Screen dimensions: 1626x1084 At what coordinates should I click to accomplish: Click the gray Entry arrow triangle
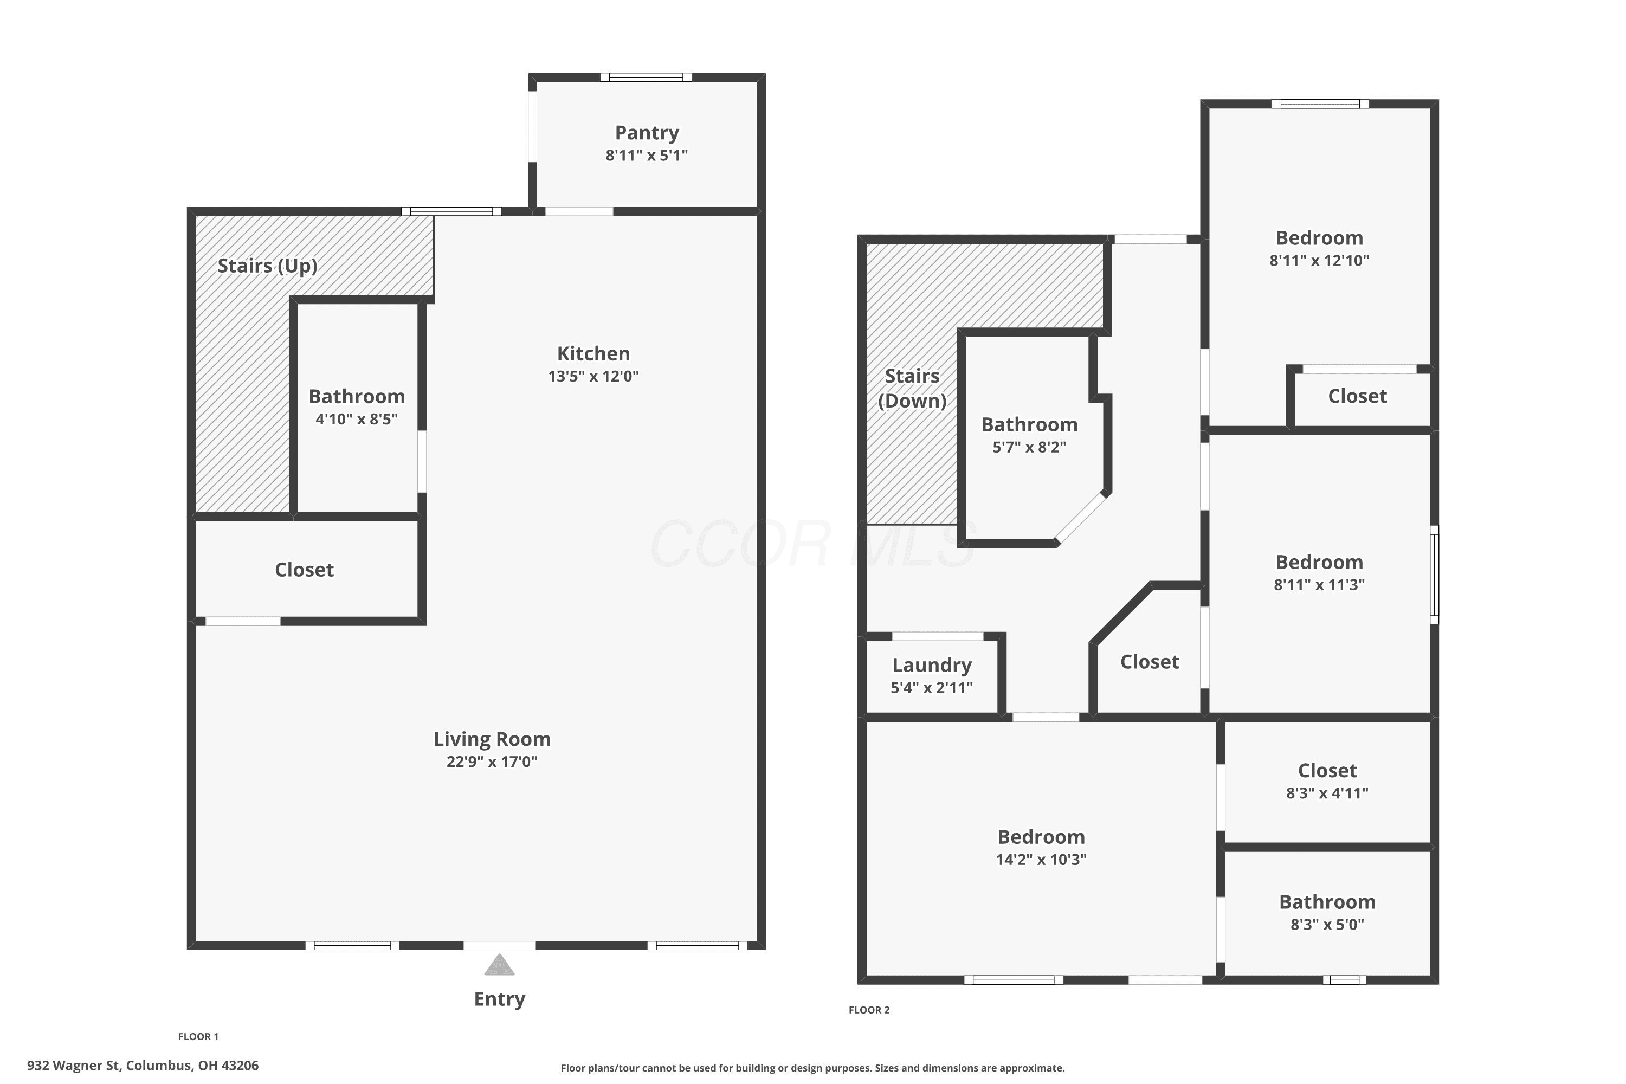[x=499, y=965]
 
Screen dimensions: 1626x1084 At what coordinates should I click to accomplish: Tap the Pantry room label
[x=647, y=133]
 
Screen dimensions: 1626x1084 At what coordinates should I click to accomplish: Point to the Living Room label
[x=492, y=739]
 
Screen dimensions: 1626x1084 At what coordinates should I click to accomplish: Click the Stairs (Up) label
[x=268, y=266]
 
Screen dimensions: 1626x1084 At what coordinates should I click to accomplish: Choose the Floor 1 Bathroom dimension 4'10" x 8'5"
[x=357, y=419]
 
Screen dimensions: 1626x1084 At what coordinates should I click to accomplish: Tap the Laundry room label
[x=932, y=665]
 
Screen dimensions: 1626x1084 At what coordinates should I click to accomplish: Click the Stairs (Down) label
[x=913, y=389]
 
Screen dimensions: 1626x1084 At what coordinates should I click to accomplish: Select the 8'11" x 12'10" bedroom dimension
[x=1319, y=261]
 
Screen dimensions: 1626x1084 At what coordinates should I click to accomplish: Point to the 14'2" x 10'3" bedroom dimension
[x=1041, y=859]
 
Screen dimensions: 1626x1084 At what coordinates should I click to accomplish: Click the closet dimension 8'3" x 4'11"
[x=1327, y=793]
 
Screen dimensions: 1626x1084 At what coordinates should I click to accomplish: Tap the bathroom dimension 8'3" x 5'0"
[x=1327, y=924]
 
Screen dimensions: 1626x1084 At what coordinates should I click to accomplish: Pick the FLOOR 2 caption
[x=869, y=1010]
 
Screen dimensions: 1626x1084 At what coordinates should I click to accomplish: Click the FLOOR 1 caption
[x=198, y=1036]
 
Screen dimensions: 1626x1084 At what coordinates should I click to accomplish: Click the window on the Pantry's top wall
[x=646, y=78]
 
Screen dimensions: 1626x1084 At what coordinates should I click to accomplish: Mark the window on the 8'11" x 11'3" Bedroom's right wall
[x=1435, y=575]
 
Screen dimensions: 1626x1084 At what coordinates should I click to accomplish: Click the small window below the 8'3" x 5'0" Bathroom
[x=1345, y=979]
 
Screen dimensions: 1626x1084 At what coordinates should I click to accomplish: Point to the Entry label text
[x=499, y=999]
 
